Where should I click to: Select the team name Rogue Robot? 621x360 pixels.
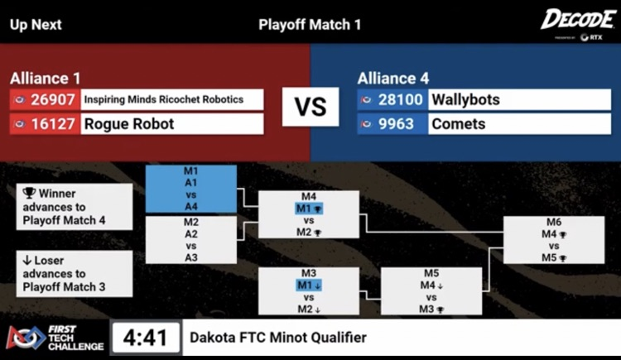[x=129, y=124]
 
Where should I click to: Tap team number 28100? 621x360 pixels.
[x=402, y=99]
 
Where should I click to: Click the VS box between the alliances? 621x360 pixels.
[x=310, y=108]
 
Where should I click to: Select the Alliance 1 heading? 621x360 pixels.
[x=46, y=79]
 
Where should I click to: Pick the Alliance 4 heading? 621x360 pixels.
[x=393, y=79]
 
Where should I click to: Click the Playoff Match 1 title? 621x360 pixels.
[x=310, y=24]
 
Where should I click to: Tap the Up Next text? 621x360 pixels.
[x=36, y=24]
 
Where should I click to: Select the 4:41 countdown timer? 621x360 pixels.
[x=145, y=338]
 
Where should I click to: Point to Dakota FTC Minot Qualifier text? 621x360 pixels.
[x=277, y=338]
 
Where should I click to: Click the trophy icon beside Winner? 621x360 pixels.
[x=29, y=193]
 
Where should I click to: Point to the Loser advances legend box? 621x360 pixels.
[x=74, y=274]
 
